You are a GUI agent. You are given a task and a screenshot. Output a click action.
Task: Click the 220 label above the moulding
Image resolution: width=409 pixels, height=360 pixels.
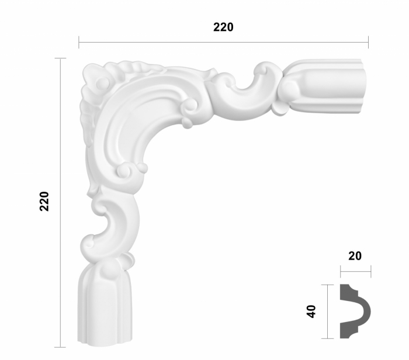pyautogui.click(x=223, y=27)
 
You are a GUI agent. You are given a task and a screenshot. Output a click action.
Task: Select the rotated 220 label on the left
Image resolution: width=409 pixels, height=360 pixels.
pyautogui.click(x=44, y=201)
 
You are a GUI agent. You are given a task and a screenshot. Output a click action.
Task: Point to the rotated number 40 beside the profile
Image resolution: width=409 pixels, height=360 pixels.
pyautogui.click(x=311, y=311)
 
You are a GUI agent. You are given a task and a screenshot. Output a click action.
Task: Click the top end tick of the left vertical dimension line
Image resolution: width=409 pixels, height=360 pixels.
pyautogui.click(x=60, y=58)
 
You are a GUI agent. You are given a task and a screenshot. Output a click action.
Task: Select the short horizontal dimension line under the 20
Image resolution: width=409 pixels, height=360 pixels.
pyautogui.click(x=355, y=272)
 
